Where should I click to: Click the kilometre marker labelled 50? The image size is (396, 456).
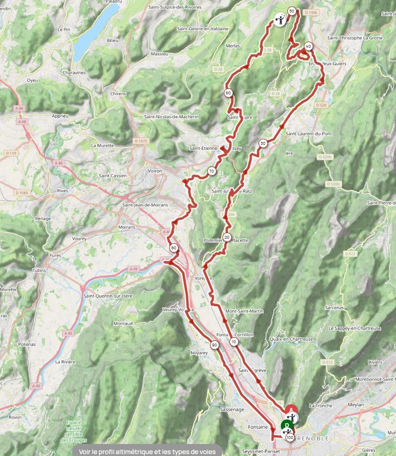(x=291, y=11)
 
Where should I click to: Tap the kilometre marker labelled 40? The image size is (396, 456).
(x=308, y=46)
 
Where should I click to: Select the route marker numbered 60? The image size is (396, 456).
(x=228, y=93)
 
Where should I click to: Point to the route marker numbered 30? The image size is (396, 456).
(x=263, y=143)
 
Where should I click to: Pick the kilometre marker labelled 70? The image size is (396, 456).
(x=211, y=171)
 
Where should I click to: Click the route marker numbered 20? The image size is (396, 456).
(x=227, y=237)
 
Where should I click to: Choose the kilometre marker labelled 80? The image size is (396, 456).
(x=173, y=247)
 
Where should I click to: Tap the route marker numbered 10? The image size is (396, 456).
(x=234, y=342)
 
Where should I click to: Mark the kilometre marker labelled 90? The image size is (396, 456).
(x=214, y=345)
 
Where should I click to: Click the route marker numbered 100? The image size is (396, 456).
(x=290, y=437)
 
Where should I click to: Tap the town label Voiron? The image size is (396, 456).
(x=155, y=171)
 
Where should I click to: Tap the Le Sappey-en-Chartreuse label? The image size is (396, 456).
(x=354, y=328)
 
